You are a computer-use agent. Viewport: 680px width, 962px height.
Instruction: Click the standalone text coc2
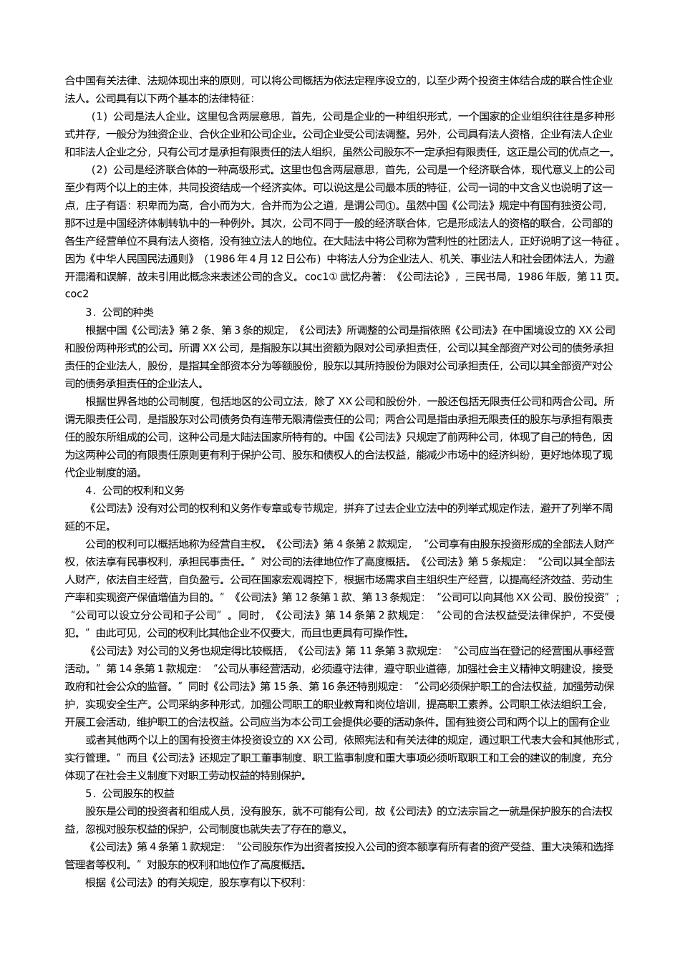(77, 294)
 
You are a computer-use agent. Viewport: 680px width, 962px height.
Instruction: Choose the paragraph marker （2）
(100, 170)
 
